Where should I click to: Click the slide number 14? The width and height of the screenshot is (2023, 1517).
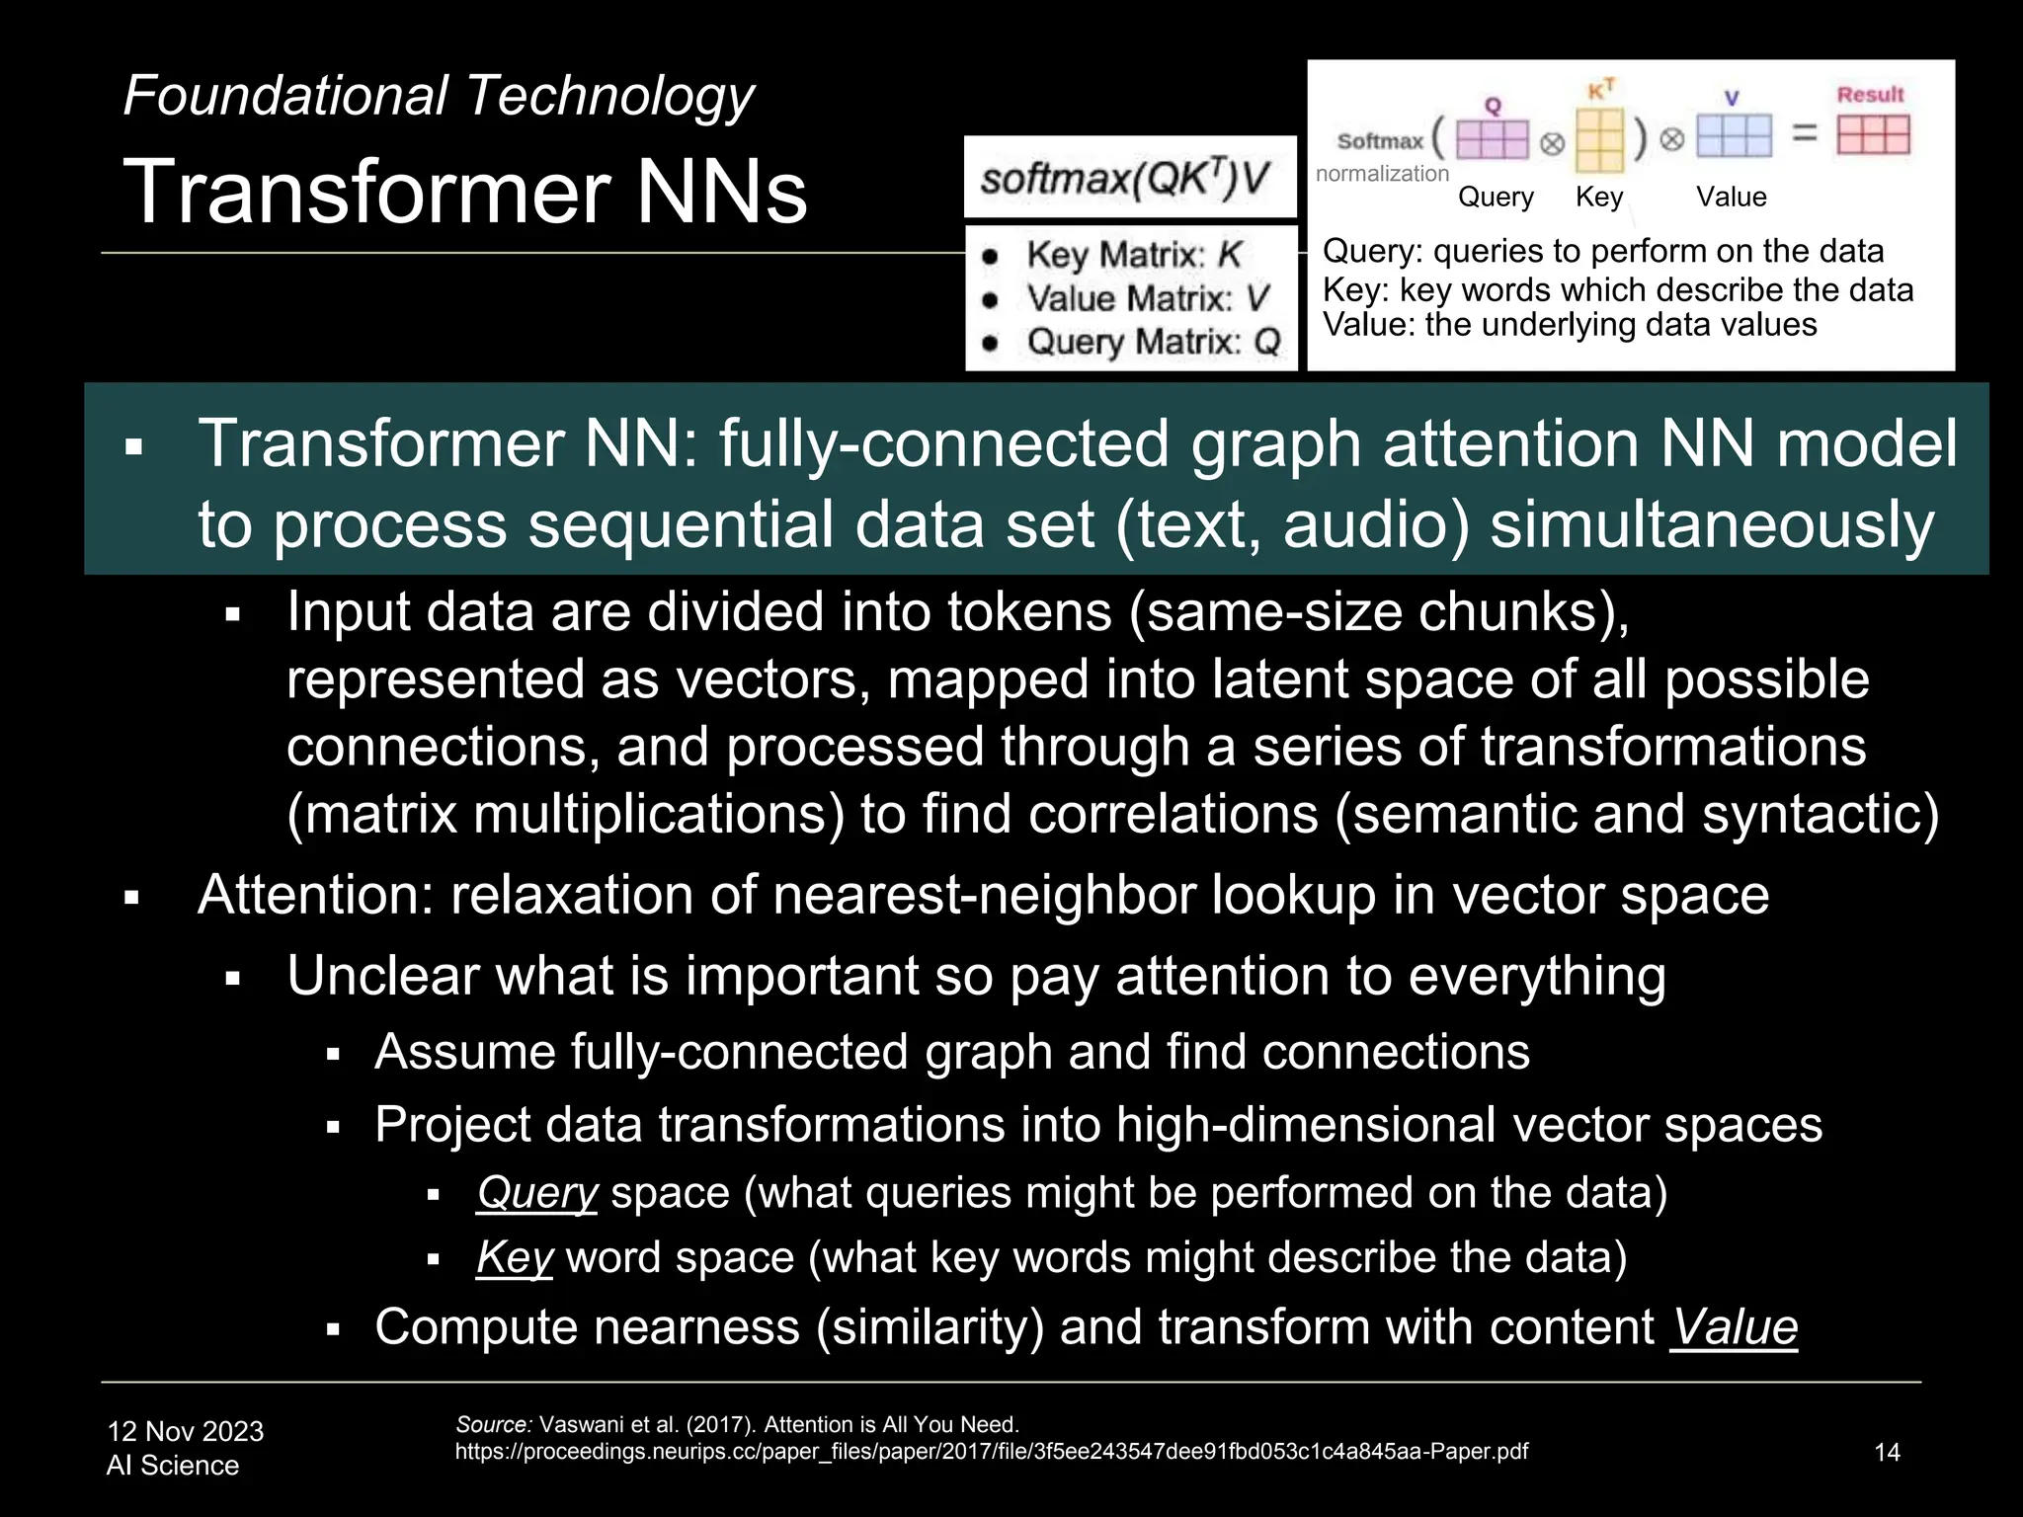click(1887, 1452)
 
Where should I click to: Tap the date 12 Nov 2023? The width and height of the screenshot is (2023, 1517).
click(185, 1431)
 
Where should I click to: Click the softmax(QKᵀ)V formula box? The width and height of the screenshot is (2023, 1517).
click(1129, 178)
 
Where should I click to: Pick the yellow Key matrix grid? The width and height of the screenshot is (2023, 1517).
click(1599, 139)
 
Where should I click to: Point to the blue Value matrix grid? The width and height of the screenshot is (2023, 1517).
click(1734, 136)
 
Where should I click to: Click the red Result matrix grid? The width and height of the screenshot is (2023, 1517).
click(1873, 135)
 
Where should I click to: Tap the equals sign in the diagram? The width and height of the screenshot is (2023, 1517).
click(1805, 133)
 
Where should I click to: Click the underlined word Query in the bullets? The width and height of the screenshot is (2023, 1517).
click(536, 1193)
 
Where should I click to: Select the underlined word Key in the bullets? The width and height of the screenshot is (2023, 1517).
click(514, 1257)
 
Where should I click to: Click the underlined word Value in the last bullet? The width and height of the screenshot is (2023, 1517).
click(1734, 1326)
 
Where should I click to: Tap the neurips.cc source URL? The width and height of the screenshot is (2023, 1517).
click(991, 1452)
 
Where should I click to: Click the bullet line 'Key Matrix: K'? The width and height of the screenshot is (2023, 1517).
click(1132, 255)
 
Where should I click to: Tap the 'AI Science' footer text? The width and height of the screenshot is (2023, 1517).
click(172, 1466)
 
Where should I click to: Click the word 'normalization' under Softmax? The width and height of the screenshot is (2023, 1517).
click(1381, 174)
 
